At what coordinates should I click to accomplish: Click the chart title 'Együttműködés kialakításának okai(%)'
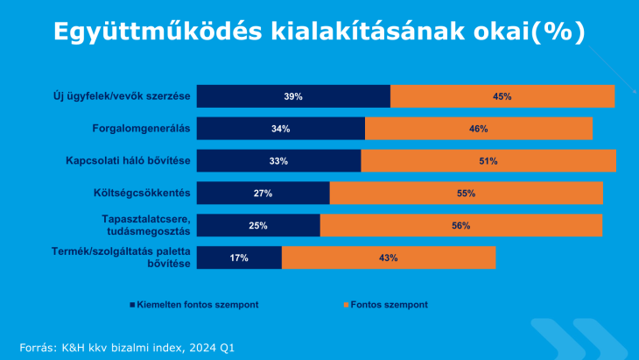click(x=319, y=32)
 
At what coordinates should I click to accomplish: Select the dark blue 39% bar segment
click(x=293, y=96)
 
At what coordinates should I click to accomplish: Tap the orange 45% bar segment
click(x=502, y=96)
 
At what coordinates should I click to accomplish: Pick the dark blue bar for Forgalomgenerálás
click(x=281, y=129)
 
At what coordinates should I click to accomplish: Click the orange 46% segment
click(x=479, y=129)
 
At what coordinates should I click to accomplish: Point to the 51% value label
click(x=488, y=161)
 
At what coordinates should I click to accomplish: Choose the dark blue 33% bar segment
click(x=278, y=160)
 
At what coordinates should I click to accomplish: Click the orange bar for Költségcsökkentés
click(x=467, y=193)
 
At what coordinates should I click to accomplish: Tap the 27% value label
click(x=263, y=194)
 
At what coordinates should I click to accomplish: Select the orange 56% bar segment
click(x=461, y=225)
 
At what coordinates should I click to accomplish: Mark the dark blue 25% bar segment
click(x=258, y=225)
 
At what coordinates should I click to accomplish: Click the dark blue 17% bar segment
click(x=239, y=258)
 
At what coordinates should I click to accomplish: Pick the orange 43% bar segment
click(x=389, y=258)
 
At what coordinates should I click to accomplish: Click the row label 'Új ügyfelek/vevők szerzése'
click(x=122, y=96)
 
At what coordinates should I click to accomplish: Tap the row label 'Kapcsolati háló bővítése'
click(x=128, y=160)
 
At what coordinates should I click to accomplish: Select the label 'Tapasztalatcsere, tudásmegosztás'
click(x=146, y=225)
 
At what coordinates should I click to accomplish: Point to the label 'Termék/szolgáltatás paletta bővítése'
click(x=121, y=258)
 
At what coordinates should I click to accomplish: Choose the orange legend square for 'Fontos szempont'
click(x=346, y=305)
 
